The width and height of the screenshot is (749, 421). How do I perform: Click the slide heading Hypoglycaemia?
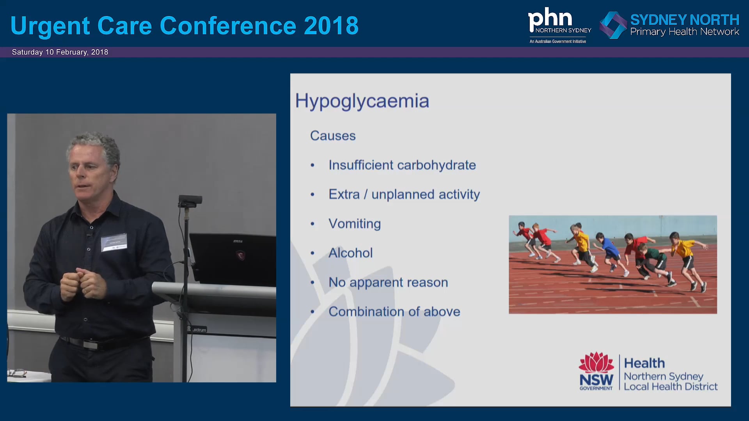tap(362, 101)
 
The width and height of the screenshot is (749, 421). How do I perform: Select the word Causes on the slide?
tap(333, 136)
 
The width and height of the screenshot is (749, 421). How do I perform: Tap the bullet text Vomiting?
tap(354, 224)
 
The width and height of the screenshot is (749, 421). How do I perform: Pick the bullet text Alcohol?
tap(350, 253)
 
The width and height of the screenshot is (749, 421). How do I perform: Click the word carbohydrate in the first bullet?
tap(436, 165)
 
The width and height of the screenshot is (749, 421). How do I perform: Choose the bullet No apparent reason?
tap(388, 282)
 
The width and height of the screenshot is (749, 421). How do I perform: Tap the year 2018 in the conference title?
tap(331, 26)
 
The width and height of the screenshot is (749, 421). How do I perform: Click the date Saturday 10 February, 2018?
tap(60, 52)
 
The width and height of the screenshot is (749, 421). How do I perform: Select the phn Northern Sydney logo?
tap(559, 24)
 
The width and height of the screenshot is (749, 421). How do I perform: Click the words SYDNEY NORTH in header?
tap(685, 19)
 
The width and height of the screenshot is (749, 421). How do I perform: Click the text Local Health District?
tap(671, 387)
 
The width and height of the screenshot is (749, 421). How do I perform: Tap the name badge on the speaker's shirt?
tap(114, 242)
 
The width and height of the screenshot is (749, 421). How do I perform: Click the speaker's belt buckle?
tap(90, 345)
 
